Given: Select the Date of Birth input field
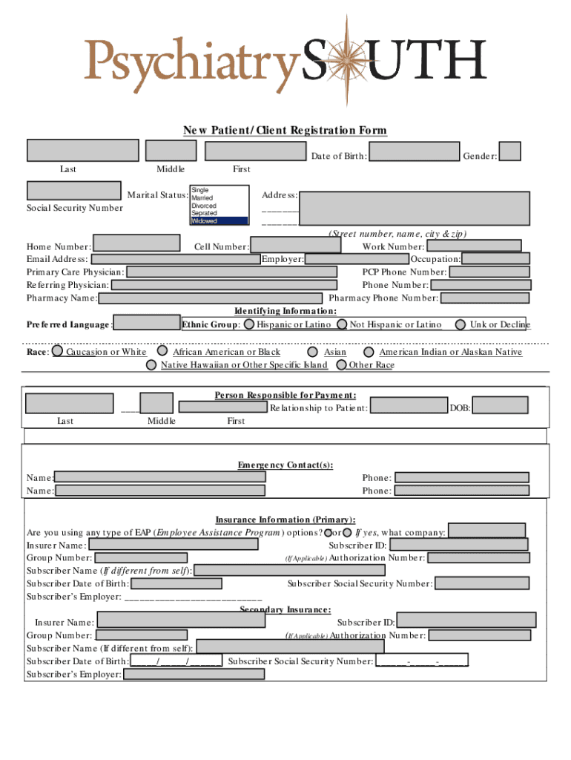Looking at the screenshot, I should point(414,151).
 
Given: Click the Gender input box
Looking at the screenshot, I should point(510,151).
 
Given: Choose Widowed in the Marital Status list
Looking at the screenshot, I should point(219,221).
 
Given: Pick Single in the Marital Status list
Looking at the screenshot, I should point(219,191).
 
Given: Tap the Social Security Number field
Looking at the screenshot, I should point(73,191).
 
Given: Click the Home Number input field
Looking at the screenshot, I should point(136,243).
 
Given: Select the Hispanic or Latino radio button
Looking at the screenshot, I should point(250,324).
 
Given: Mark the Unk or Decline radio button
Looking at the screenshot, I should point(461,324).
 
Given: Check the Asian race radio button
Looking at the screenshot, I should point(313,353).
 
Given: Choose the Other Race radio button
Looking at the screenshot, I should point(341,365).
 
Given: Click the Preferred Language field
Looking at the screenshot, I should point(148,323).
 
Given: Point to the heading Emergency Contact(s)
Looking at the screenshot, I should point(285,465).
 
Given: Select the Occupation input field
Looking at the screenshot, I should point(495,259).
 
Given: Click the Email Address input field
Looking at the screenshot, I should point(175,260).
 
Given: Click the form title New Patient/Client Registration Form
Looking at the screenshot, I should point(285,131).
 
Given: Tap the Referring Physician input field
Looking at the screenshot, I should point(226,285).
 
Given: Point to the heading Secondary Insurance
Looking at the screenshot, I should point(285,609).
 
